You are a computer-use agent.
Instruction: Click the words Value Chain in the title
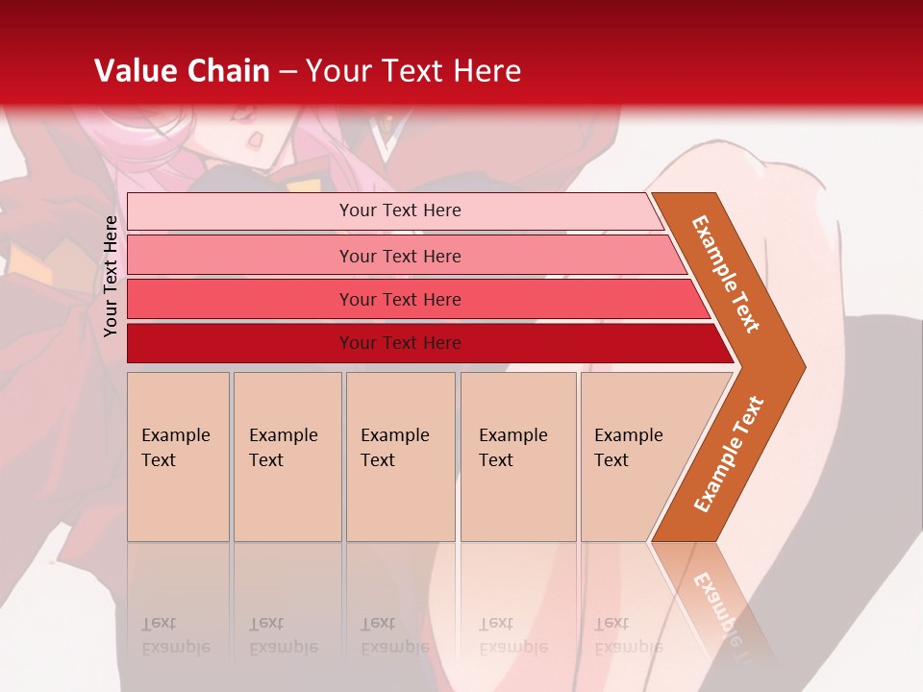pyautogui.click(x=182, y=71)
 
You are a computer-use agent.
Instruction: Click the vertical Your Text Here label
pyautogui.click(x=111, y=276)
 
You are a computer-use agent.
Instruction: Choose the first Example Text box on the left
pyautogui.click(x=178, y=457)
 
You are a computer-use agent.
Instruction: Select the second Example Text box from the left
pyautogui.click(x=287, y=457)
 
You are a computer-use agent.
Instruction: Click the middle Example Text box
pyautogui.click(x=400, y=457)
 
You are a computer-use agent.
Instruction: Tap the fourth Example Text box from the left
pyautogui.click(x=518, y=457)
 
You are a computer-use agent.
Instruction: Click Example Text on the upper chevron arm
pyautogui.click(x=727, y=274)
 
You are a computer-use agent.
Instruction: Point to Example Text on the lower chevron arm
pyautogui.click(x=729, y=454)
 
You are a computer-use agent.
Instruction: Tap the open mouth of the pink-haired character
pyautogui.click(x=255, y=139)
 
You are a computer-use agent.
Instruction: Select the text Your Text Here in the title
pyautogui.click(x=413, y=71)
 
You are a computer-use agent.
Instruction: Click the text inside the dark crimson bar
pyautogui.click(x=400, y=343)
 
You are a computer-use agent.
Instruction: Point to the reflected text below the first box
pyautogui.click(x=176, y=635)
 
